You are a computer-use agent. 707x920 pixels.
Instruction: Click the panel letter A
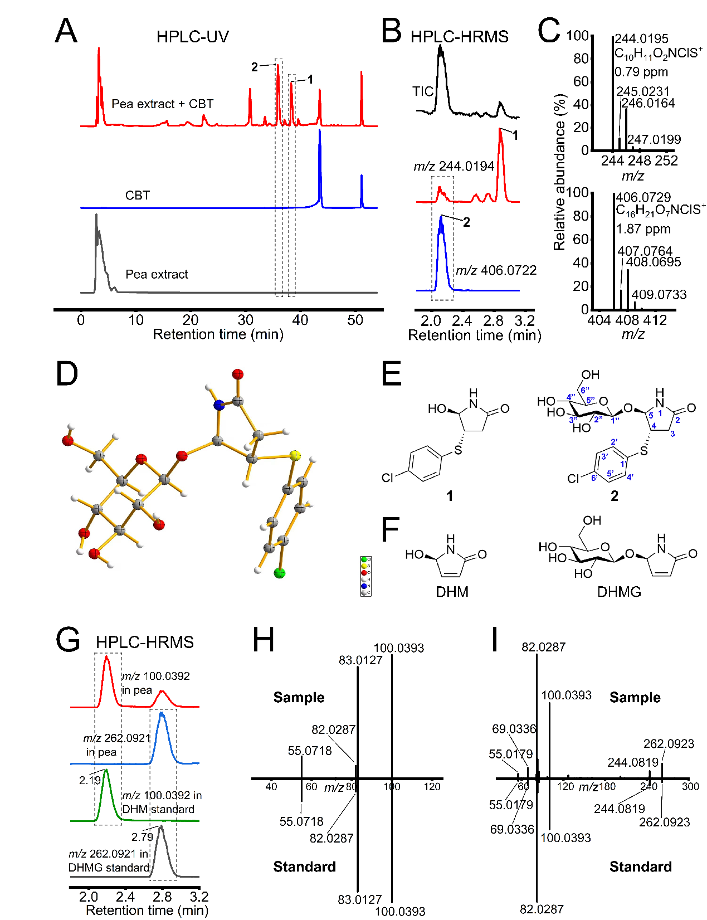pyautogui.click(x=66, y=31)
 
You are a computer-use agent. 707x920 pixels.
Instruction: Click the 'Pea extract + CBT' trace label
pyautogui.click(x=162, y=104)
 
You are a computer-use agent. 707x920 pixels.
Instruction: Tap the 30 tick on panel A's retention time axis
pyautogui.click(x=245, y=320)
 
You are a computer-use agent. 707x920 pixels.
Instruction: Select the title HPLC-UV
pyautogui.click(x=192, y=37)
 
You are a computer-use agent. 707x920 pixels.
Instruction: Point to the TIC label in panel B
pyautogui.click(x=423, y=91)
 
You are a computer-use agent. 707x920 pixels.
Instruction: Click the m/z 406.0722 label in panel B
pyautogui.click(x=496, y=271)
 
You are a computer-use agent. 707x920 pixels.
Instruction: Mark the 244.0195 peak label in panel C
pyautogui.click(x=641, y=38)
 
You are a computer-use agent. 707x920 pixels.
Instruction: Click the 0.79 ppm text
pyautogui.click(x=641, y=72)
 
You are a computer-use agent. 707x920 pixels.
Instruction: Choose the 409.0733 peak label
pyautogui.click(x=659, y=295)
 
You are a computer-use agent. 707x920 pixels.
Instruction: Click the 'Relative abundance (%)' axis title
pyautogui.click(x=559, y=172)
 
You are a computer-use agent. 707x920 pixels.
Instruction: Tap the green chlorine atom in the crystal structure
pyautogui.click(x=280, y=573)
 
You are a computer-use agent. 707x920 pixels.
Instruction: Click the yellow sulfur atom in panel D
pyautogui.click(x=295, y=456)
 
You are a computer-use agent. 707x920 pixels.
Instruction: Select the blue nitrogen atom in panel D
pyautogui.click(x=219, y=405)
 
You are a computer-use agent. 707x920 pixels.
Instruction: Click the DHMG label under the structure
pyautogui.click(x=619, y=592)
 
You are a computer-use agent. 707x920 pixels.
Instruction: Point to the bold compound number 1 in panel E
pyautogui.click(x=450, y=496)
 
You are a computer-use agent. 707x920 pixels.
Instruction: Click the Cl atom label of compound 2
pyautogui.click(x=573, y=479)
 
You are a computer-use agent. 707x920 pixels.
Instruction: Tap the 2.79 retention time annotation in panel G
pyautogui.click(x=142, y=837)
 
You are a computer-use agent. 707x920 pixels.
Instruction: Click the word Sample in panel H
pyautogui.click(x=299, y=698)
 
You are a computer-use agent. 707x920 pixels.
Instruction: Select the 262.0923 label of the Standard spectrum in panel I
pyautogui.click(x=664, y=822)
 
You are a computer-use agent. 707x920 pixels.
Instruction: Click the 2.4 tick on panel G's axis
pyautogui.click(x=125, y=897)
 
